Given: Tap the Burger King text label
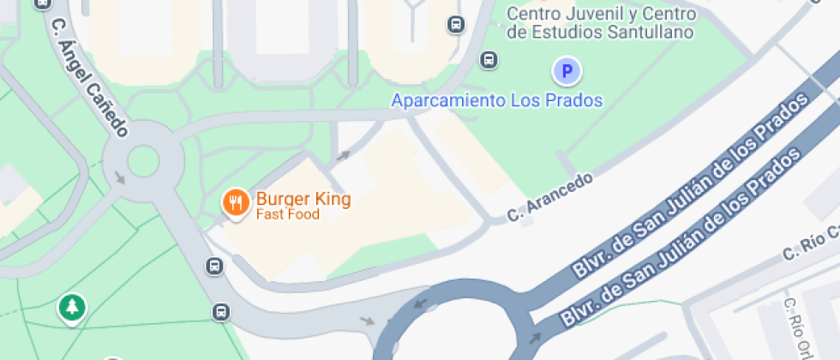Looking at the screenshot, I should (303, 200).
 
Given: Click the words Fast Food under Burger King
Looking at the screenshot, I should (287, 214).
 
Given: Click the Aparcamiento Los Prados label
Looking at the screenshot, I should (497, 100).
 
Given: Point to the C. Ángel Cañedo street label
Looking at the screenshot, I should (89, 77).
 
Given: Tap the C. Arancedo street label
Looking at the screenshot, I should (550, 198).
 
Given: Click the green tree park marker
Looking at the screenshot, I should (72, 309).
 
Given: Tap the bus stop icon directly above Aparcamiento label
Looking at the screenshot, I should (489, 60).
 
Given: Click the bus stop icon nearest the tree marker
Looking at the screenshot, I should (221, 312).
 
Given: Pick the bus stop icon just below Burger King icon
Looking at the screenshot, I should (214, 267).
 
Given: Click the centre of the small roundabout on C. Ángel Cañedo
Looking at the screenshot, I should (143, 160).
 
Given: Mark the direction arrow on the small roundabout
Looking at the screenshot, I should (119, 177).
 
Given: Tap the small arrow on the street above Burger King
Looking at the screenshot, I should (343, 156).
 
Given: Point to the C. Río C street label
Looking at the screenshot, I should (810, 246).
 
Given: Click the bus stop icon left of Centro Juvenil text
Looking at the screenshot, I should (456, 25).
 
